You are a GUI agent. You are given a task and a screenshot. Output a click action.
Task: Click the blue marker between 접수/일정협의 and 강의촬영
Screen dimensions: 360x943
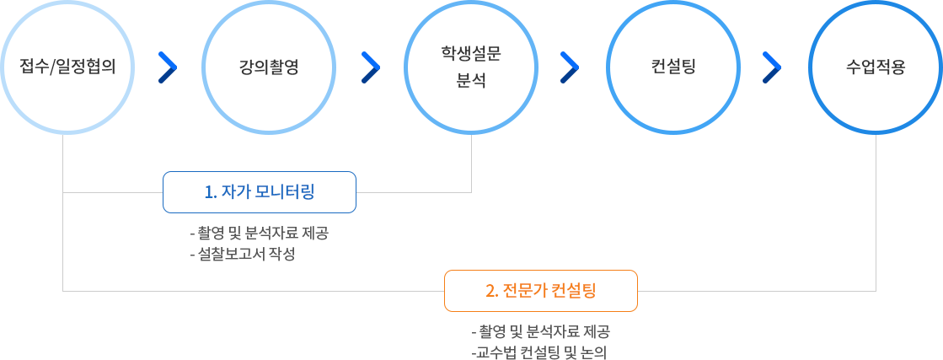click(x=168, y=67)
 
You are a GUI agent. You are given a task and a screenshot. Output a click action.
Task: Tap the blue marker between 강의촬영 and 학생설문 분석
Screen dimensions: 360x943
click(x=371, y=67)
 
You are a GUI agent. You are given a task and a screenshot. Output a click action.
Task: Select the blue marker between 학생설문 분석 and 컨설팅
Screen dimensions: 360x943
click(x=571, y=67)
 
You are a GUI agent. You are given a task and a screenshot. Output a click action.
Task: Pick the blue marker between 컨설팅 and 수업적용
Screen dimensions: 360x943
click(x=772, y=67)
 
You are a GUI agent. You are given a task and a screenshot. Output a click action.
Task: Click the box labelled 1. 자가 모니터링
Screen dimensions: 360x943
click(x=260, y=192)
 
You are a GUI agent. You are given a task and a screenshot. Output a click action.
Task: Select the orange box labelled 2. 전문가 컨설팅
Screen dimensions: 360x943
click(x=540, y=291)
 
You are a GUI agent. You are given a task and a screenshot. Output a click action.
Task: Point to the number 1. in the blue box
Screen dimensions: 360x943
click(x=211, y=192)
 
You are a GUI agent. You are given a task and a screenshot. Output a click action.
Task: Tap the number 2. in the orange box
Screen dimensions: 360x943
click(x=492, y=291)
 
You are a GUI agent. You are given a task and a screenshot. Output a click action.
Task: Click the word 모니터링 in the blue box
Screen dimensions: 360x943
click(x=285, y=192)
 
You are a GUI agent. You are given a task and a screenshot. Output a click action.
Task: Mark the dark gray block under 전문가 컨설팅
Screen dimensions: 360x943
click(x=539, y=341)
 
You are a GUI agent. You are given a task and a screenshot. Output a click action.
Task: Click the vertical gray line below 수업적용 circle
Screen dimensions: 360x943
click(x=876, y=211)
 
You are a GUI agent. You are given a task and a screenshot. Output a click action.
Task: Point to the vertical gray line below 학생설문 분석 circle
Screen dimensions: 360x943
click(x=471, y=163)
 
